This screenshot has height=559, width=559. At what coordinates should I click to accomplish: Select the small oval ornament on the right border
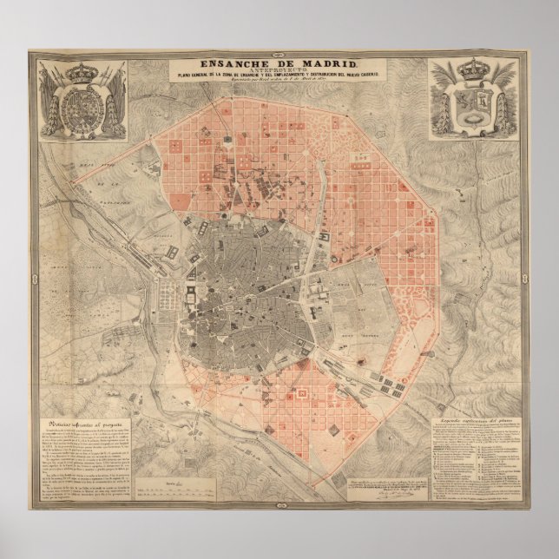(x=525, y=279)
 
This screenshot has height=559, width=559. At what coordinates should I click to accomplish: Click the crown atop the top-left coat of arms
(x=80, y=69)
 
